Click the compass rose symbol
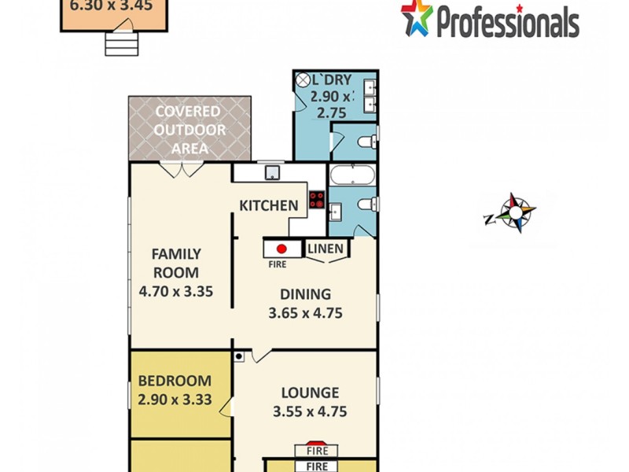(515, 212)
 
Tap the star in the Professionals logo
(416, 17)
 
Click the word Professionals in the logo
(506, 21)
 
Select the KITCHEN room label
(269, 206)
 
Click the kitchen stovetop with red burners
(317, 200)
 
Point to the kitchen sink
(272, 173)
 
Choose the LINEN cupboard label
(326, 249)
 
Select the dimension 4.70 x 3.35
(176, 290)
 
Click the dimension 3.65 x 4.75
(306, 312)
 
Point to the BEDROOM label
(175, 381)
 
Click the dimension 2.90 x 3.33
(175, 399)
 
